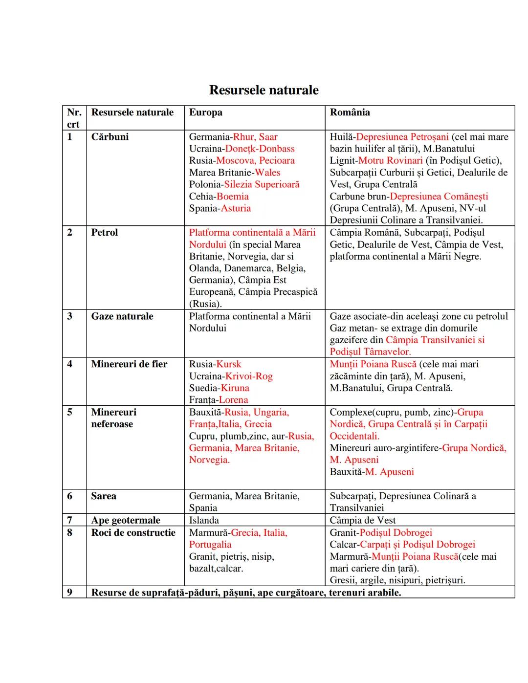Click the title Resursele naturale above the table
[264, 90]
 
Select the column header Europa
[205, 112]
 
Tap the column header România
[350, 112]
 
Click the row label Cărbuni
[110, 137]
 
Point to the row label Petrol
[104, 232]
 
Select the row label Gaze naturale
[122, 316]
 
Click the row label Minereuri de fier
[129, 364]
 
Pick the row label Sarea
[104, 496]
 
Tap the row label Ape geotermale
[125, 520]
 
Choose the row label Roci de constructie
[133, 532]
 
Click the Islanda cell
[204, 520]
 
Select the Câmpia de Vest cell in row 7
[362, 520]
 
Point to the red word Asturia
[236, 208]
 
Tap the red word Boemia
[232, 197]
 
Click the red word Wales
[267, 173]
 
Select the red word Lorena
[233, 400]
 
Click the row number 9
[69, 593]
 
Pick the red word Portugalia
[210, 545]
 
